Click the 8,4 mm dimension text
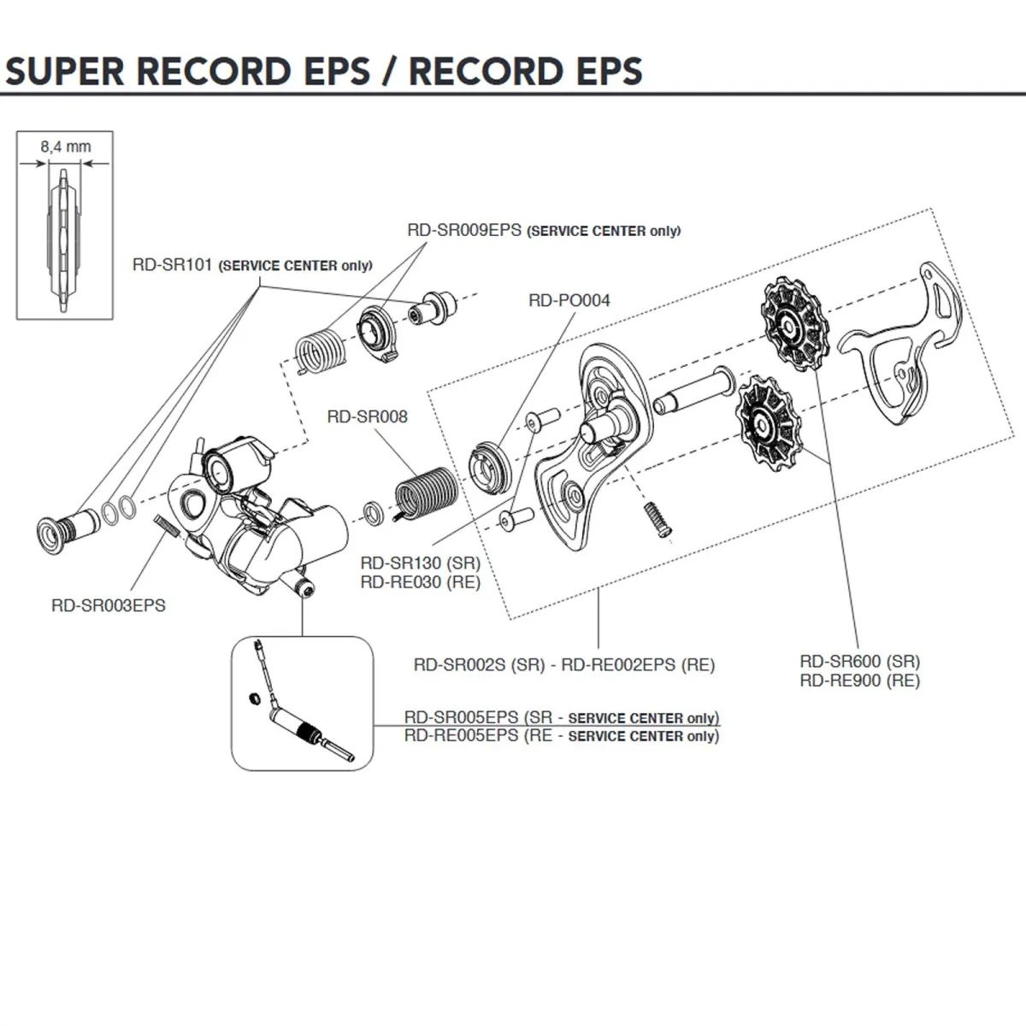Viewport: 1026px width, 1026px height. (x=65, y=147)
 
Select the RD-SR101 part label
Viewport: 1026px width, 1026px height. (x=172, y=264)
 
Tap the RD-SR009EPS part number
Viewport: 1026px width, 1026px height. (x=463, y=230)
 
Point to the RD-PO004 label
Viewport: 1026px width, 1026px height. (x=569, y=300)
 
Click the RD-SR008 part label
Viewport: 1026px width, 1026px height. (x=367, y=416)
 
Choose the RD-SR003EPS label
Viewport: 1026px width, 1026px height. (x=108, y=605)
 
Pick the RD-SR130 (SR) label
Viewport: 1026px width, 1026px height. (x=420, y=563)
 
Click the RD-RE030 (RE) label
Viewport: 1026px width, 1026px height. (x=420, y=582)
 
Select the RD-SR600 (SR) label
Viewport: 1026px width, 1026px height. (x=859, y=661)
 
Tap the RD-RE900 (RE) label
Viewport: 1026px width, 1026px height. (x=859, y=681)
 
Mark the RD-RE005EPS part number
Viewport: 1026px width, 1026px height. (x=461, y=735)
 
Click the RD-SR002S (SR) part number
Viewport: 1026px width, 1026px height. (x=479, y=664)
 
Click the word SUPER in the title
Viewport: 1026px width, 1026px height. (x=66, y=71)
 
